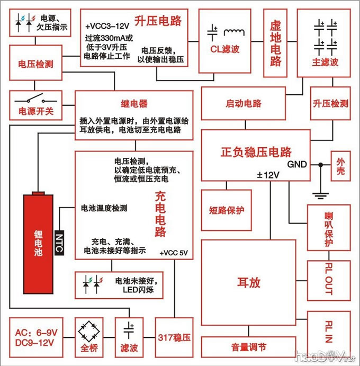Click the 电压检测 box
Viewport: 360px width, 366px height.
click(x=35, y=65)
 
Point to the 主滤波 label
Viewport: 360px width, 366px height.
click(x=325, y=62)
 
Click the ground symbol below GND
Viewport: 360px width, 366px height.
click(x=319, y=195)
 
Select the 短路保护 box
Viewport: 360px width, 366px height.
click(x=227, y=210)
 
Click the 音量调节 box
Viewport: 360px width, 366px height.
click(x=248, y=347)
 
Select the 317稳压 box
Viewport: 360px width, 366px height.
click(x=174, y=337)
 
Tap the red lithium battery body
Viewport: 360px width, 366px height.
click(x=38, y=241)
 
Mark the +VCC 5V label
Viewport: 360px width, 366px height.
click(x=174, y=253)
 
